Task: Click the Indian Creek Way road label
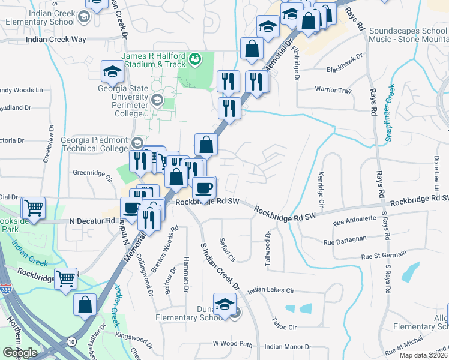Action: [56, 40]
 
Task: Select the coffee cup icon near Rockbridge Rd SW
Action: [204, 188]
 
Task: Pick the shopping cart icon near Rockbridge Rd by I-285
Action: [66, 278]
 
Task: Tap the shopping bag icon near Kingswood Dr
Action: [85, 304]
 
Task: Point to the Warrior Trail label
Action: [333, 91]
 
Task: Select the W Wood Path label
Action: [233, 344]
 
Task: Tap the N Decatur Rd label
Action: [92, 221]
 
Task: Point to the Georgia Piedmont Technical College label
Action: [94, 144]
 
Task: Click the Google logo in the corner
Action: [20, 352]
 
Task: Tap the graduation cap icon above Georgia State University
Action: [112, 73]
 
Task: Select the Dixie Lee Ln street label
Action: [436, 169]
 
